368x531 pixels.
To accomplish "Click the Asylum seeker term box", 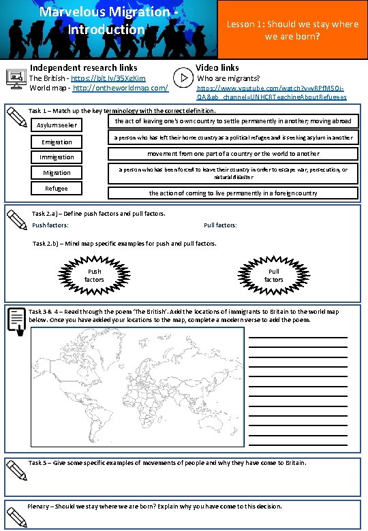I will point(57,125).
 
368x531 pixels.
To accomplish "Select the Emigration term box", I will point(57,142).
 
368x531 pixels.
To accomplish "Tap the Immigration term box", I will point(57,157).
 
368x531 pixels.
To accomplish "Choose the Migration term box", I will point(57,173).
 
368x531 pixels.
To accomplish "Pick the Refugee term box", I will point(57,189).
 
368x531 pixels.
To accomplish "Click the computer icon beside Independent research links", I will point(15,78).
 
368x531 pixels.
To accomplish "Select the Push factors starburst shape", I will point(94,275).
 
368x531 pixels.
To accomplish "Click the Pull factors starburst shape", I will point(273,275).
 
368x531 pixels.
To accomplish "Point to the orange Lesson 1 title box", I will point(292,29).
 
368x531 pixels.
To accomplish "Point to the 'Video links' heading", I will point(217,67).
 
